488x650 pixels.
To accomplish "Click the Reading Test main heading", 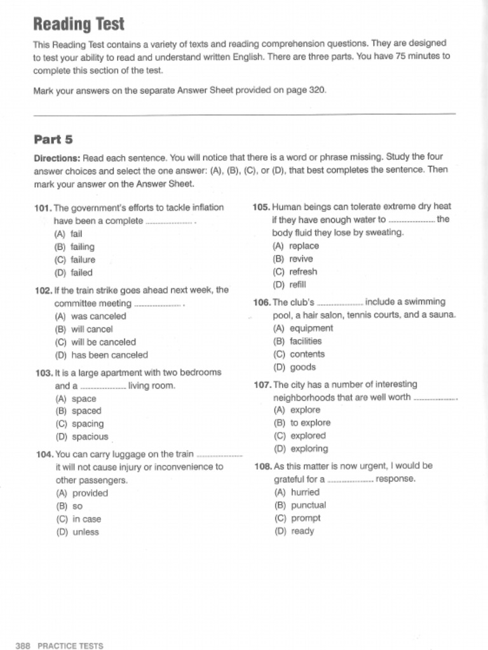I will (79, 25).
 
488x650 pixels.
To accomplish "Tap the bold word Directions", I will (57, 157).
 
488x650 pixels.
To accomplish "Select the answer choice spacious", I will (90, 437).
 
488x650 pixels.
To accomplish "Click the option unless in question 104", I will (85, 532).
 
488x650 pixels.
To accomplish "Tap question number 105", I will (261, 207).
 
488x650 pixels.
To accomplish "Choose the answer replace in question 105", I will (304, 246).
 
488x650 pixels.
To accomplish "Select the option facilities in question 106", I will (306, 342).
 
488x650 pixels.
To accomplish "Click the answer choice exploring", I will (309, 449).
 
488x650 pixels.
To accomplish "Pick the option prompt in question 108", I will (306, 518).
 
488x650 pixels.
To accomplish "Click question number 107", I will (262, 385).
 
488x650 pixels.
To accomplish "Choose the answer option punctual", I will (308, 505).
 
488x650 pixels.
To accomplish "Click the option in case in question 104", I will (86, 519).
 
